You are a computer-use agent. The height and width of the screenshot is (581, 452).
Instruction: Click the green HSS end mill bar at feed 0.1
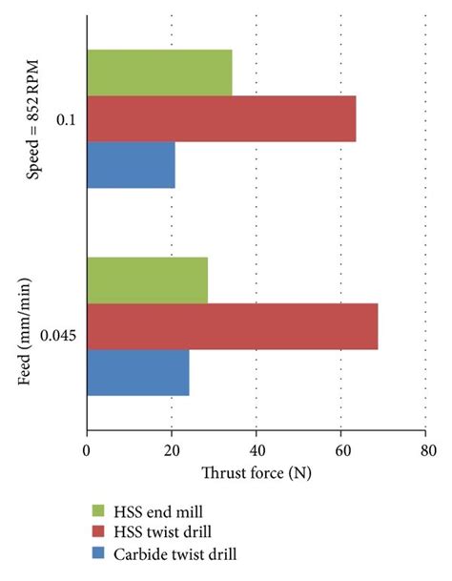point(159,73)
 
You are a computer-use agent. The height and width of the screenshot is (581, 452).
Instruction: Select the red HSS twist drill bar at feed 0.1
point(221,118)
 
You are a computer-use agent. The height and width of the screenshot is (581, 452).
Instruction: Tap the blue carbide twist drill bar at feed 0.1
point(131,165)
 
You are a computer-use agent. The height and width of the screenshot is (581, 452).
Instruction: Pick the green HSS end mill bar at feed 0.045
point(147,280)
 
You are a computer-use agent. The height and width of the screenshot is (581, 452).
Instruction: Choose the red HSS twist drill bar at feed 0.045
point(232,326)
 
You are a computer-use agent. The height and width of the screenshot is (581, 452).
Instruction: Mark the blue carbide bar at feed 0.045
point(137,372)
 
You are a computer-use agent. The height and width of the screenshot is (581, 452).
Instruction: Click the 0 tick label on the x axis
point(87,451)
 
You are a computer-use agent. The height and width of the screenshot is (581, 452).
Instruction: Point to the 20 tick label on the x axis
point(172,451)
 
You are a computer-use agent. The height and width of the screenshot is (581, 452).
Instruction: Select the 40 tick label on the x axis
point(257,451)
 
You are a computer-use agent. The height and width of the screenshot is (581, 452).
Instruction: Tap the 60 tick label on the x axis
point(341,451)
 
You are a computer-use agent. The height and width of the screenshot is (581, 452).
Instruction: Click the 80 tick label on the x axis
point(426,451)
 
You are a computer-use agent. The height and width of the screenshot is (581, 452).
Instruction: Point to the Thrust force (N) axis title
point(257,472)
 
